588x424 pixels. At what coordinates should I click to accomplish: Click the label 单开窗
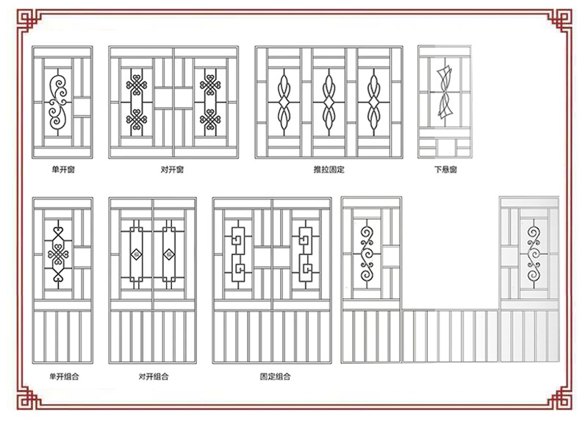pos(63,170)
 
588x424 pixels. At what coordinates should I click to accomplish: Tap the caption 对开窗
pos(172,170)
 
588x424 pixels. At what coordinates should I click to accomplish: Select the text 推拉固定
pos(329,170)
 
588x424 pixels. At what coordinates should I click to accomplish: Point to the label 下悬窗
pos(445,170)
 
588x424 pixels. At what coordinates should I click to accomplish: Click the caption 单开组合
pos(64,376)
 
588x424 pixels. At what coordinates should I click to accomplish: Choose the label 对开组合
pos(154,376)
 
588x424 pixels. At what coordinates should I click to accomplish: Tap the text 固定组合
pos(275,376)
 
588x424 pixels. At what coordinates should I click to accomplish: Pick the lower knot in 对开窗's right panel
pos(210,119)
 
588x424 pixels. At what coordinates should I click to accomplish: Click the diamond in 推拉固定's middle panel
pos(329,102)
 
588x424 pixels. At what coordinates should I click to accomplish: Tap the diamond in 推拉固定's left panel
pos(284,102)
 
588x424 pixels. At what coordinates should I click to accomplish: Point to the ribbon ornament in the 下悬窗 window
pos(445,91)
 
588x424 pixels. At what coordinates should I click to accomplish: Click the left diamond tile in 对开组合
pos(137,255)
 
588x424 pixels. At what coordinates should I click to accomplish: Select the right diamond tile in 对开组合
pos(169,255)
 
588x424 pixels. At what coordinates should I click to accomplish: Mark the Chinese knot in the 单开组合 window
pos(58,255)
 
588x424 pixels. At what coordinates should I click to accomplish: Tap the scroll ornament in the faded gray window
pos(533,254)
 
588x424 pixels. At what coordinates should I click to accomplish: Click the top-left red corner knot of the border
pos(28,21)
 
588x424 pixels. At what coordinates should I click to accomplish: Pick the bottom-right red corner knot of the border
pos(560,398)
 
